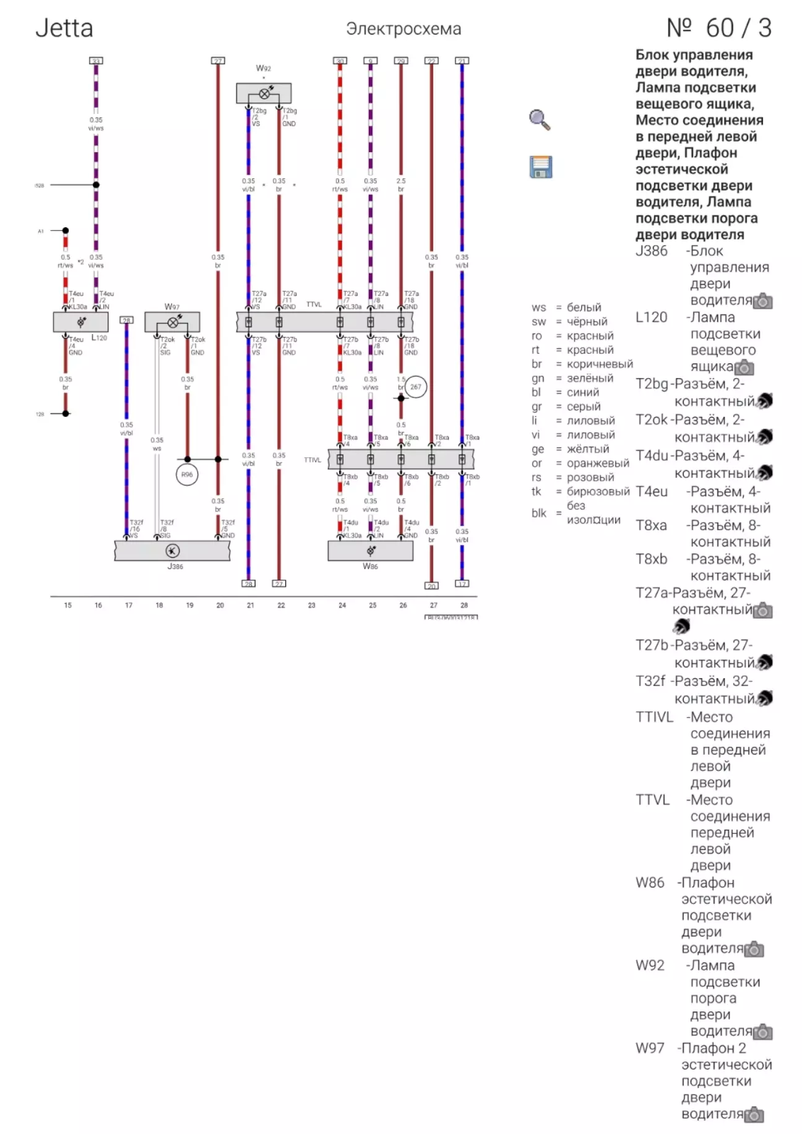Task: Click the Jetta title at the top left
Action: coord(64,28)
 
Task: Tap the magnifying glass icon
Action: coord(540,120)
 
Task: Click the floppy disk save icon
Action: coord(541,167)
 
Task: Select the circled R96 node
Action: coord(187,475)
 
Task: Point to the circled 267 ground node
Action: coord(415,387)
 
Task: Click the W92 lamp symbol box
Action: coord(264,93)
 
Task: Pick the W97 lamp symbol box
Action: coord(172,322)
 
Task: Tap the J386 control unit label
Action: coord(175,566)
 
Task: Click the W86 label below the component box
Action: coord(370,566)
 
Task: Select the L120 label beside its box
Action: coord(99,338)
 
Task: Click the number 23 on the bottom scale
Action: coord(311,605)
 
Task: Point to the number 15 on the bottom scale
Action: coord(67,605)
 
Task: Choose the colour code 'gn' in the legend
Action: coord(538,378)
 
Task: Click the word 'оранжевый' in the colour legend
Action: coord(598,463)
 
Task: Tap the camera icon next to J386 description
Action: coord(763,301)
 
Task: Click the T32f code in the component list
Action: coord(650,681)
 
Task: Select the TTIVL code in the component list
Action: coord(654,717)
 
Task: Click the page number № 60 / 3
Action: coord(718,28)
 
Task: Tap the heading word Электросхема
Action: coord(403,29)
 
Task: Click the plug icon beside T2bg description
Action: coord(765,401)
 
